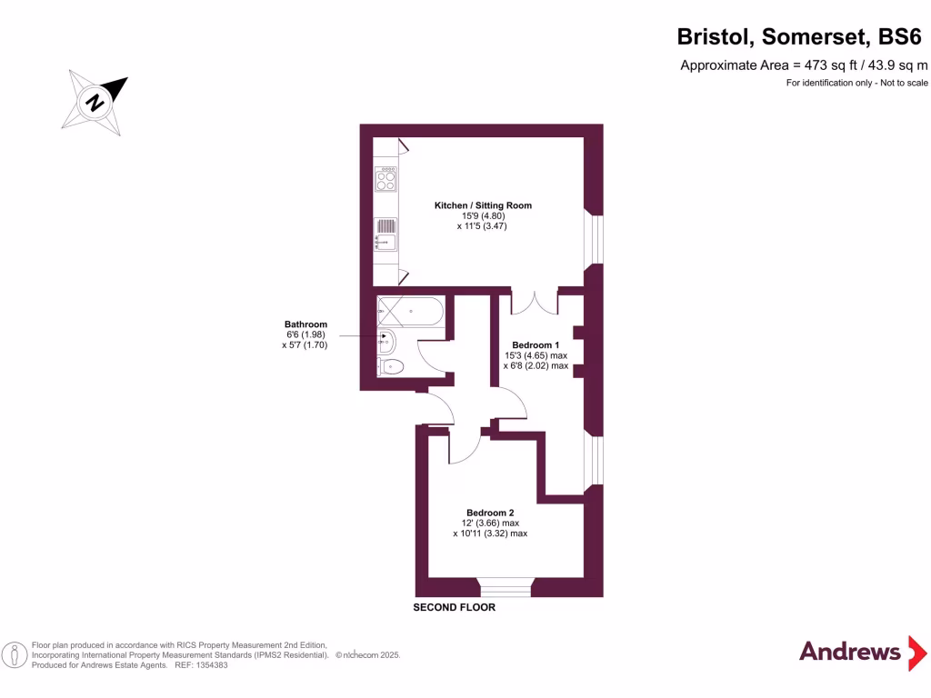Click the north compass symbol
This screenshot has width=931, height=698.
click(x=95, y=102)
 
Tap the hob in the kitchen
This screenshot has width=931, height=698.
click(x=385, y=179)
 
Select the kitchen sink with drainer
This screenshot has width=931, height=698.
click(x=385, y=234)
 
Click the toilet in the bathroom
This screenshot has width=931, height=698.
click(x=390, y=366)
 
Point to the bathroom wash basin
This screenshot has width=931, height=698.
click(x=385, y=341)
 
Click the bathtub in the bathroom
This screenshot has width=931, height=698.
click(x=410, y=311)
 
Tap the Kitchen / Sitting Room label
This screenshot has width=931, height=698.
click(x=483, y=205)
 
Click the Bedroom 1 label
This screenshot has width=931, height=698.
click(x=536, y=344)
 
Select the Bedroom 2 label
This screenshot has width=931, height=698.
click(x=490, y=513)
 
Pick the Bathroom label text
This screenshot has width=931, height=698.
click(x=305, y=324)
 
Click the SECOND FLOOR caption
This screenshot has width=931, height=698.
click(x=455, y=607)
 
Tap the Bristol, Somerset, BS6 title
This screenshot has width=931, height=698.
click(x=799, y=36)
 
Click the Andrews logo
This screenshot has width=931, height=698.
click(x=863, y=653)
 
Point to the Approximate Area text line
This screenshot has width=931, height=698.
click(x=804, y=65)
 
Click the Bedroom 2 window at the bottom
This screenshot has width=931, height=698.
click(x=506, y=588)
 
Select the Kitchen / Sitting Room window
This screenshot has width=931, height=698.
click(x=594, y=239)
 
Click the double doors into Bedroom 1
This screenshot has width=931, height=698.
click(x=535, y=304)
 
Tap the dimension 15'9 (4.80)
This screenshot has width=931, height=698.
click(x=484, y=216)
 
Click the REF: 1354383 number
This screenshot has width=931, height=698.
click(x=201, y=665)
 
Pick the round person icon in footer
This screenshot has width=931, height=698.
click(x=15, y=655)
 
